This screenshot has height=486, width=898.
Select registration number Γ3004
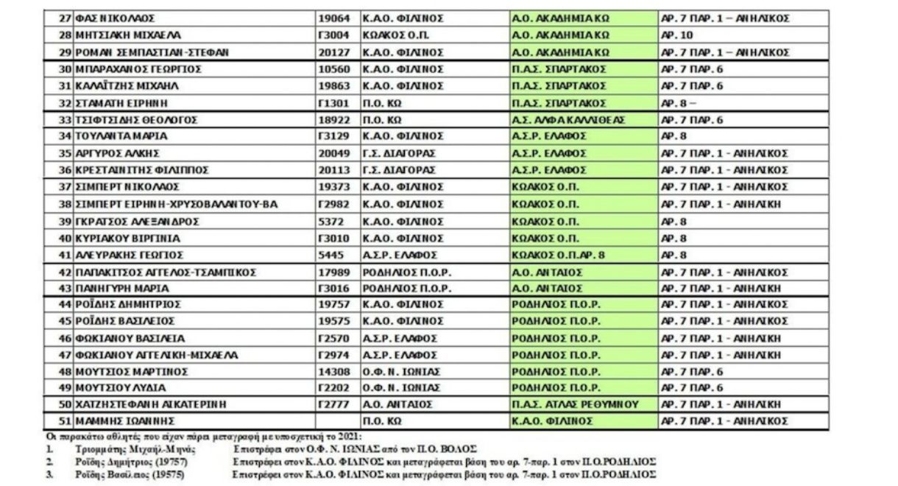point(333,35)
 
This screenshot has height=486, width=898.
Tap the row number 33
point(65,120)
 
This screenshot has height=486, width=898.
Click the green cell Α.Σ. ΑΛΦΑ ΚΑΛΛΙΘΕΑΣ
point(569,120)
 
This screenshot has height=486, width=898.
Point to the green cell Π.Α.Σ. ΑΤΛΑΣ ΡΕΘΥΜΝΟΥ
point(574,404)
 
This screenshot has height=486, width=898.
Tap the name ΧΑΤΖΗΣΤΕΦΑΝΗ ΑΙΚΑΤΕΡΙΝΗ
point(151,404)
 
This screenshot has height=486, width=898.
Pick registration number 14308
point(333,370)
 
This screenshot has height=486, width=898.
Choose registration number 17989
point(333,272)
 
